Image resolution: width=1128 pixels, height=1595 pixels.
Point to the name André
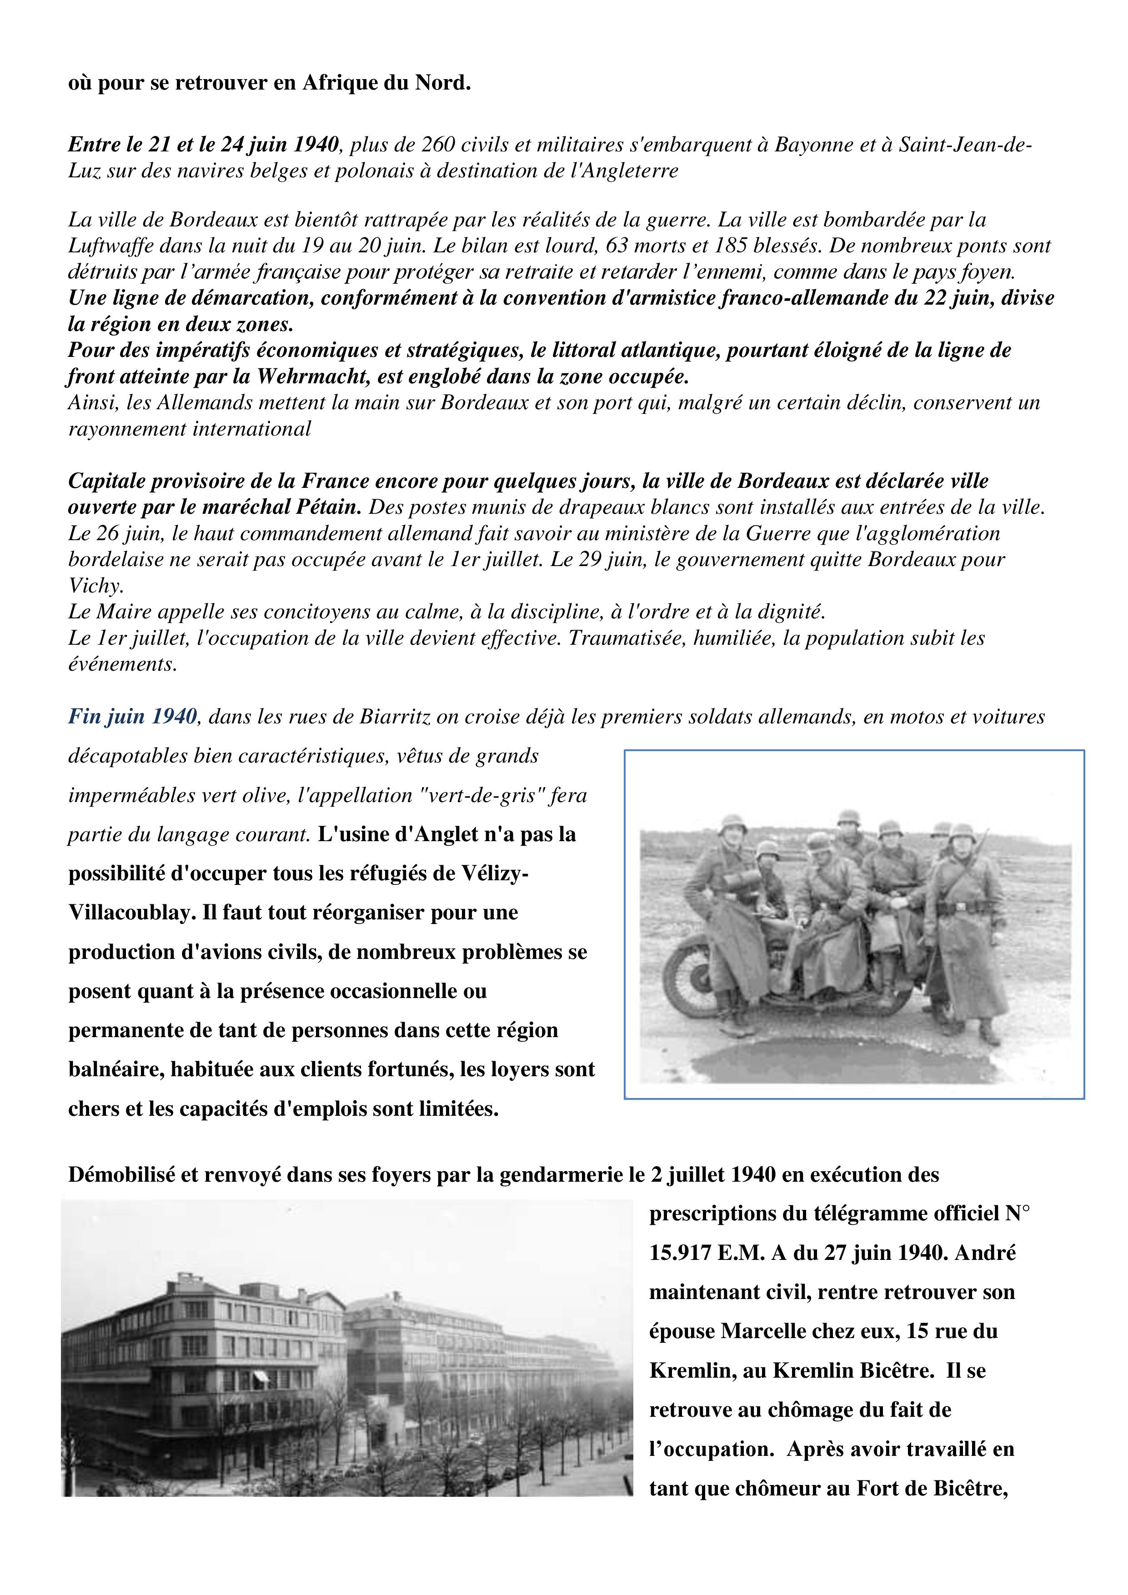pyautogui.click(x=986, y=1253)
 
